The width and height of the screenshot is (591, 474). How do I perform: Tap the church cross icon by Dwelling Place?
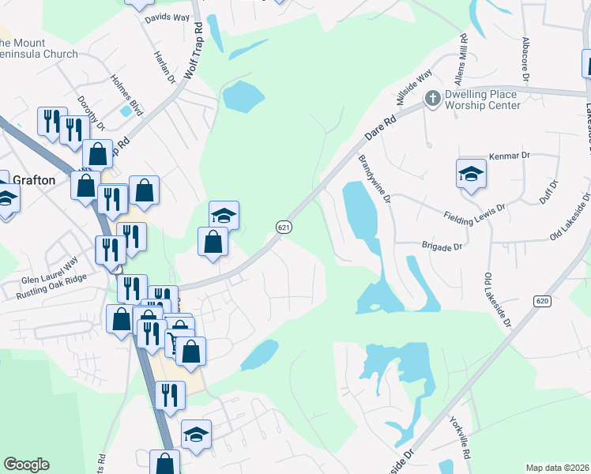(x=432, y=99)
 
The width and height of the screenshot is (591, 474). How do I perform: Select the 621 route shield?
(x=284, y=227)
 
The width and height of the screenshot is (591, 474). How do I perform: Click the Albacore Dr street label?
(x=524, y=55)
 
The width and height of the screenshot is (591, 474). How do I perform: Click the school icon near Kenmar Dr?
(x=471, y=174)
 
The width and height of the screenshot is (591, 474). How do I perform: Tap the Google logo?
(x=26, y=465)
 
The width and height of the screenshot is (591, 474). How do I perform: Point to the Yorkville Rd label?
(x=460, y=439)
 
